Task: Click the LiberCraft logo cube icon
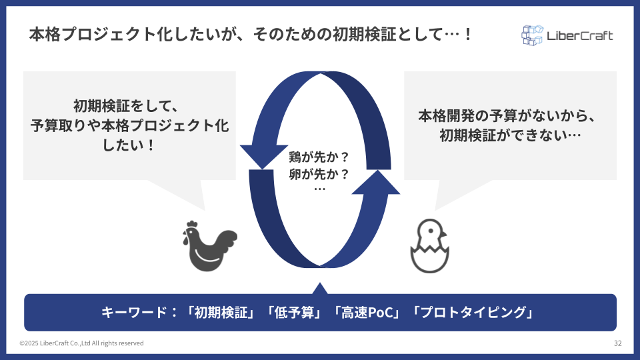click(532, 35)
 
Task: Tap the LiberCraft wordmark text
click(579, 36)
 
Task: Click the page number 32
click(617, 343)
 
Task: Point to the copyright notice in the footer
click(81, 343)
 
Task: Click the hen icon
click(210, 246)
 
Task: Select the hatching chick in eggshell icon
click(429, 246)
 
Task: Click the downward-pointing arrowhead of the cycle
click(263, 157)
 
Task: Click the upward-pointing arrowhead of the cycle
click(376, 182)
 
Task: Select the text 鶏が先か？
click(319, 157)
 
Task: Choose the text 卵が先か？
click(319, 174)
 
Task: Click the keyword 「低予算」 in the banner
click(294, 313)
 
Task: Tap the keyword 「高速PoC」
click(366, 313)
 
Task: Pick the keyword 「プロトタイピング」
click(472, 313)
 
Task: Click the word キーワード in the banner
click(134, 313)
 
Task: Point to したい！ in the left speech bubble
click(129, 145)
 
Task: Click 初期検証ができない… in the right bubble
click(510, 135)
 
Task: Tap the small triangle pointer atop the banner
click(320, 288)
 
